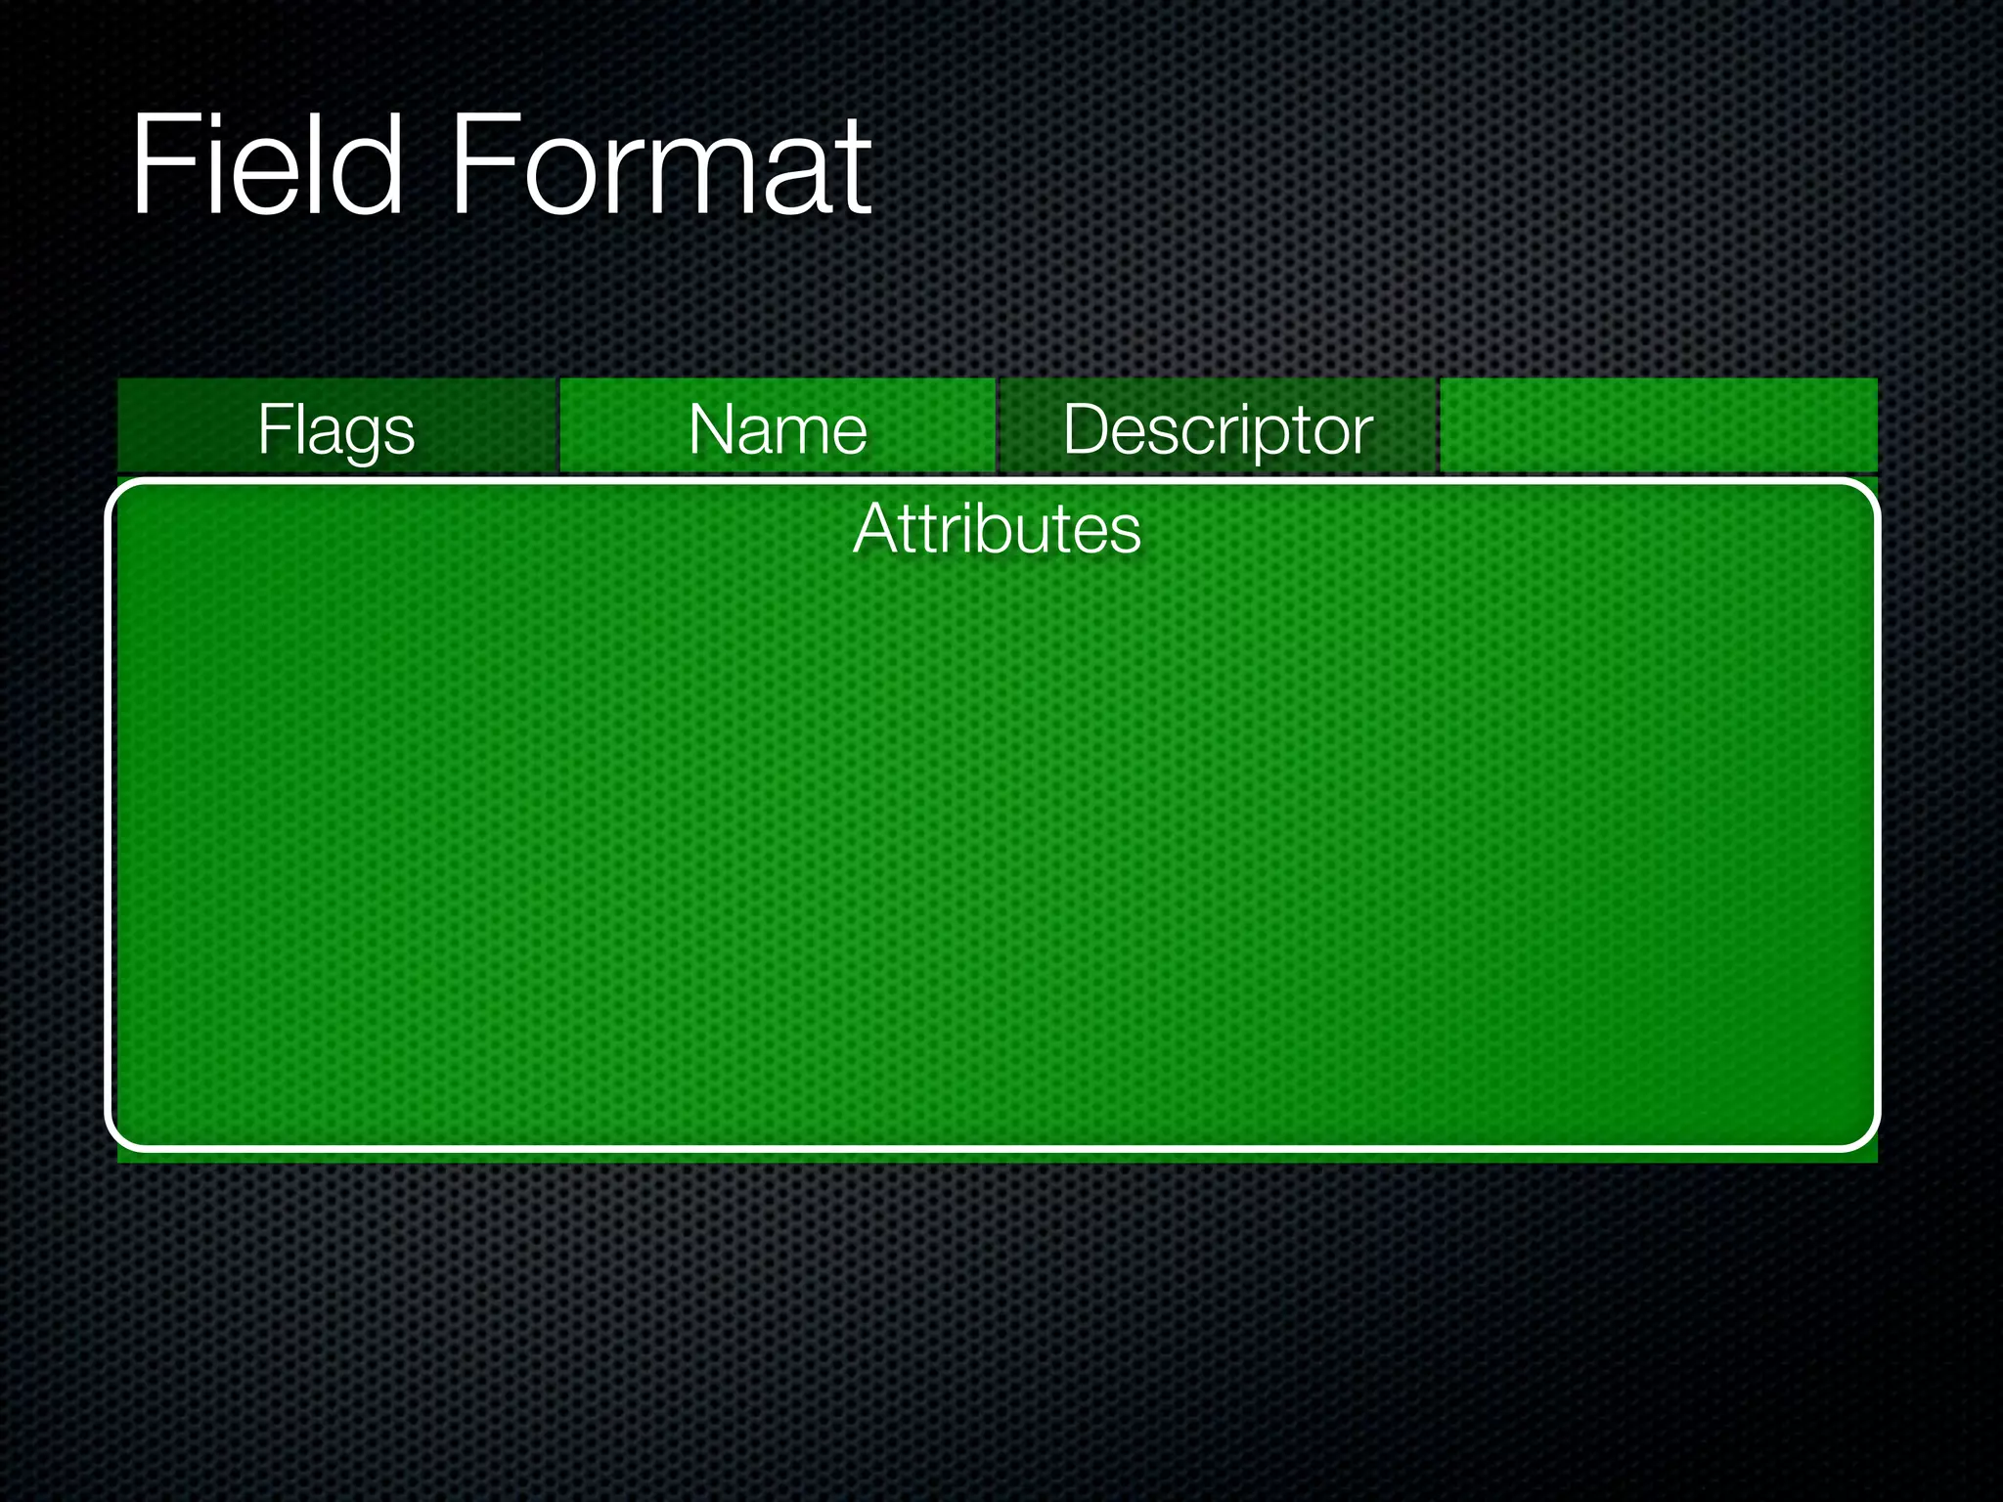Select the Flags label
[x=336, y=429]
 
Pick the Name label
[x=778, y=429]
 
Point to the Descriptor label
[x=1218, y=429]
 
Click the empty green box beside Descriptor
[x=1659, y=426]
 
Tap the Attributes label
[x=997, y=529]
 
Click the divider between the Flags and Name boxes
[x=557, y=426]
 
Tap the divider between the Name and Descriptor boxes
[x=998, y=426]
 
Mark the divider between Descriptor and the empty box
[x=1438, y=426]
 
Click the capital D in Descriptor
[x=1085, y=428]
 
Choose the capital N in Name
[x=711, y=428]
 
